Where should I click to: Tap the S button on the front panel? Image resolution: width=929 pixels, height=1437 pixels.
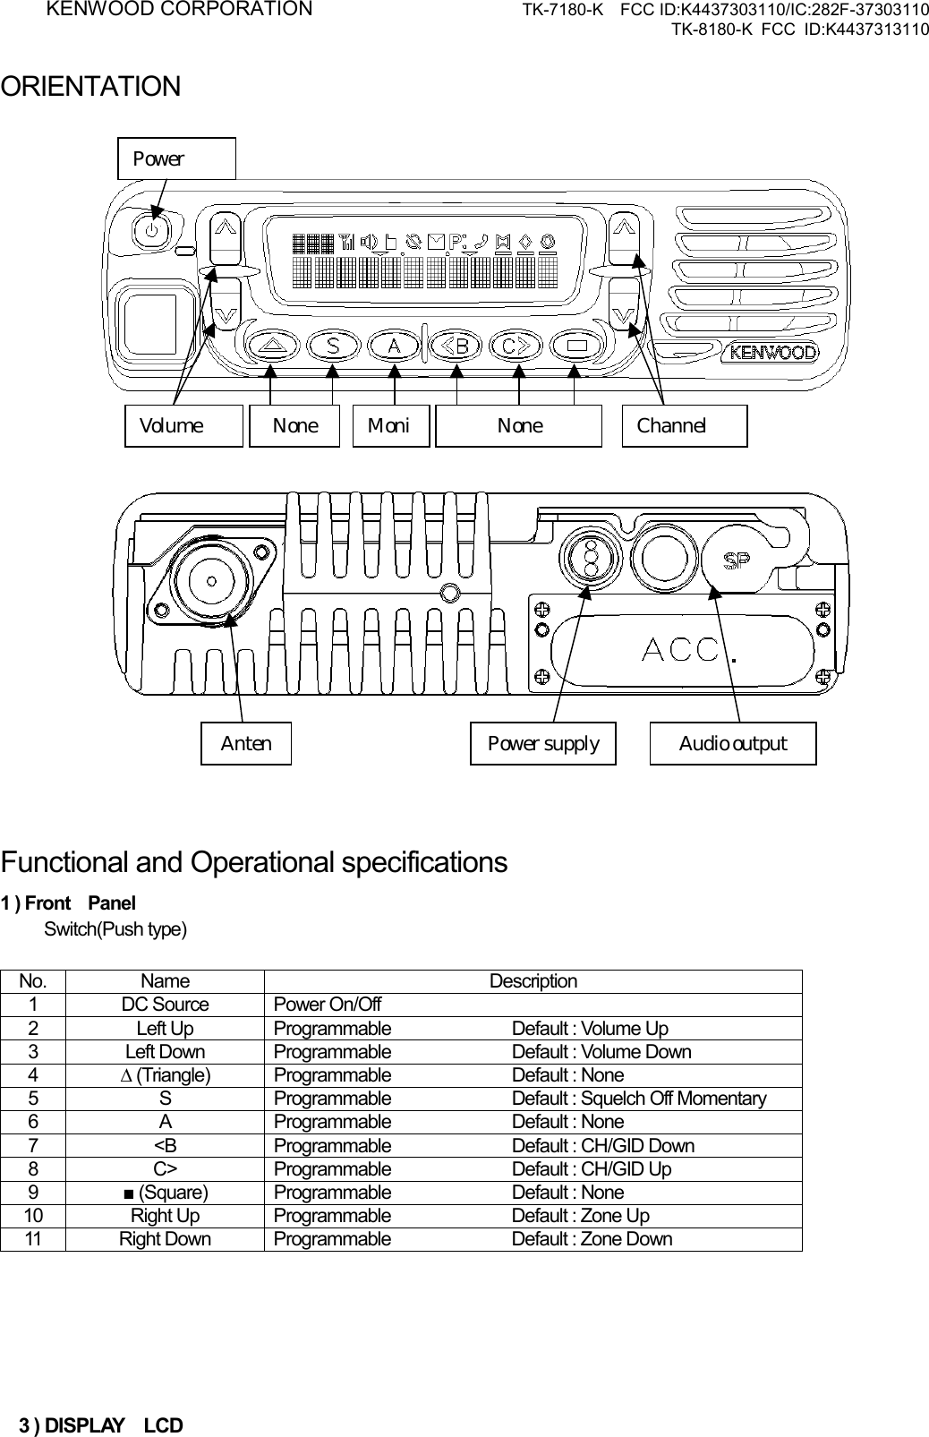coord(334,345)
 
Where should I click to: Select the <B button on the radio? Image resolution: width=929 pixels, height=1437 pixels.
coord(457,345)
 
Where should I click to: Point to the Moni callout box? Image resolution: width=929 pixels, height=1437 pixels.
coord(390,425)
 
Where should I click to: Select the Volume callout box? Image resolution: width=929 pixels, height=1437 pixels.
coord(183,425)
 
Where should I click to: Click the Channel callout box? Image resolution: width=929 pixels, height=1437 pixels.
coord(684,425)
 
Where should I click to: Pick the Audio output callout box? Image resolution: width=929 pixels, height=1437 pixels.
coord(733,743)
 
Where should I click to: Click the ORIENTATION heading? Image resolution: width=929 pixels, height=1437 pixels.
coord(90,88)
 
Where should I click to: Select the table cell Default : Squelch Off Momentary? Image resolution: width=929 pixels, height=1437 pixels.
coord(638,1099)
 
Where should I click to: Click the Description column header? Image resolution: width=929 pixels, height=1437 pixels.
coord(533,981)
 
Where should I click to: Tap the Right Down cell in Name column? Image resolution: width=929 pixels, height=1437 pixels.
coord(166,1239)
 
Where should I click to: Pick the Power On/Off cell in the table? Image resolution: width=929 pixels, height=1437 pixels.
coord(328,1005)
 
